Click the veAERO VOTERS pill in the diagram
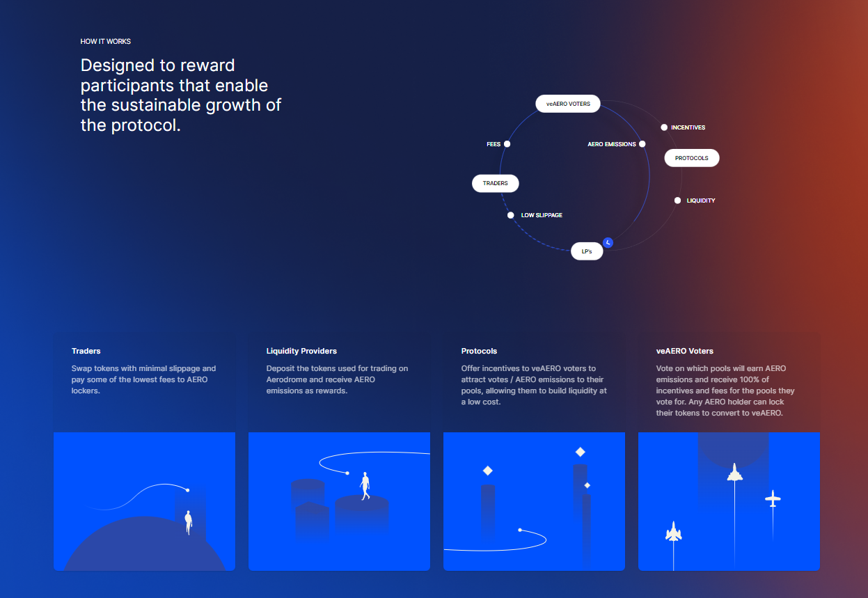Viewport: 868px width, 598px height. tap(568, 104)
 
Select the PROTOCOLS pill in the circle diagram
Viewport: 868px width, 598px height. tap(692, 158)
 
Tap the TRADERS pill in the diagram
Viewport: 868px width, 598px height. tap(495, 183)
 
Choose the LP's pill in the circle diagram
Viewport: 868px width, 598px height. tap(587, 251)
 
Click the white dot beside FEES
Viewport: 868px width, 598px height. tap(507, 144)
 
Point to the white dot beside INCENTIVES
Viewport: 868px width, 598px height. tap(664, 127)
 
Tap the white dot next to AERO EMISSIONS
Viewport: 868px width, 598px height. tap(642, 144)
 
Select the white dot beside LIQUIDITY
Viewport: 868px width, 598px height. tap(677, 200)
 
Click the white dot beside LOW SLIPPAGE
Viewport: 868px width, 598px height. tap(511, 215)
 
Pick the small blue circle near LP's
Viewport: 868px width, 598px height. tap(608, 242)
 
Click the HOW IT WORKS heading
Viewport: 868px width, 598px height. tap(105, 42)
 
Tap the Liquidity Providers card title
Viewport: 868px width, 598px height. tap(301, 351)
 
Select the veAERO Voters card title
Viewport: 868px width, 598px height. tap(685, 351)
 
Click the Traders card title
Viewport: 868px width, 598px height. tap(86, 351)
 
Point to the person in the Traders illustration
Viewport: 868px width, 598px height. tap(189, 522)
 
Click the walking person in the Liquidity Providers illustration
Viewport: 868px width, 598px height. tap(365, 486)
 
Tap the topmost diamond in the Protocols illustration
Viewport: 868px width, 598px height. tap(580, 452)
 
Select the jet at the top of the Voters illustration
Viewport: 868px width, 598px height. tap(734, 472)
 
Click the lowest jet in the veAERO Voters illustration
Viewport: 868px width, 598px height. tap(674, 531)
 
